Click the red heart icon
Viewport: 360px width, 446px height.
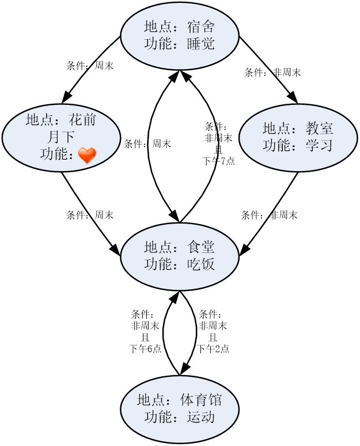point(87,155)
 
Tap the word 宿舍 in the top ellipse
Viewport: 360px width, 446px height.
point(201,27)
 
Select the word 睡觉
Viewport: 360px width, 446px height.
point(201,44)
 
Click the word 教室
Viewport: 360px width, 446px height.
point(320,128)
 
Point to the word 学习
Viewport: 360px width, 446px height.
point(320,145)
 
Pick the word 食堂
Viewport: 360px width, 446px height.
point(201,247)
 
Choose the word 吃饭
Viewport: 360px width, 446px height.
point(201,264)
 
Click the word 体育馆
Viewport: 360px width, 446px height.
point(201,400)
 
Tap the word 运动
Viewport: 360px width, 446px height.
point(201,417)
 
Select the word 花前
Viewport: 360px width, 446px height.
point(82,120)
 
